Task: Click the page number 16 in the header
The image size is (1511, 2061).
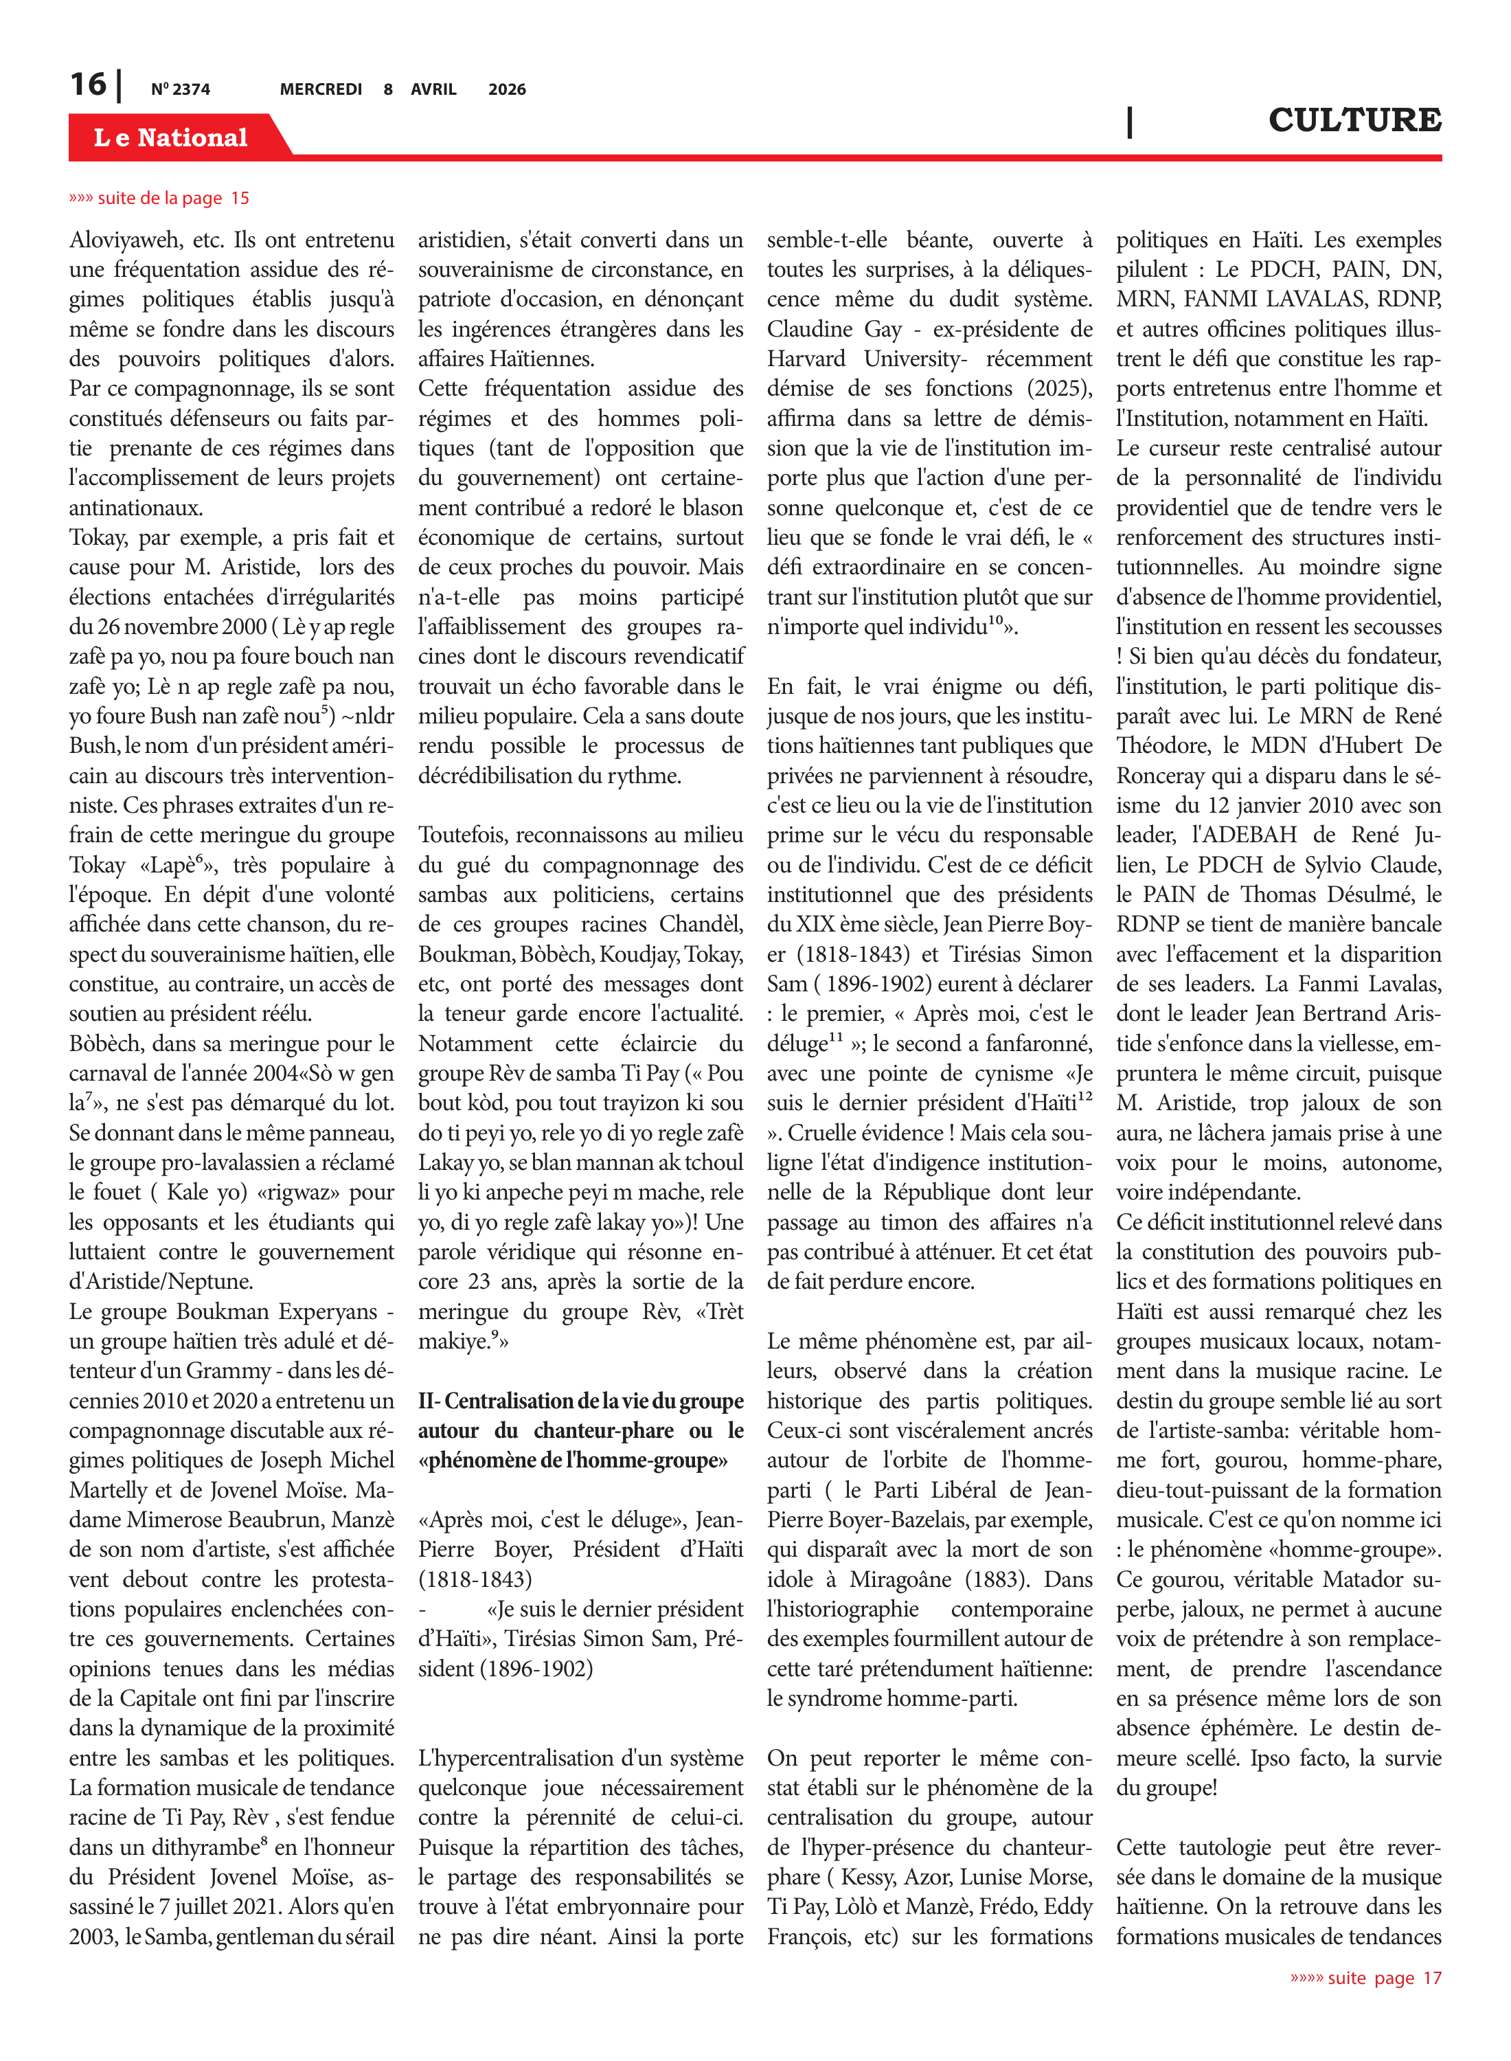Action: [88, 85]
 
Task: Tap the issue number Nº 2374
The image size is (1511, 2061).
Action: [180, 89]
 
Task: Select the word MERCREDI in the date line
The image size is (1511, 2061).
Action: [321, 89]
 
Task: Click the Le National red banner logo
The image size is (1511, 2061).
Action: [171, 137]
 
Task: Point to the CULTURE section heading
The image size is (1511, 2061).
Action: [1354, 120]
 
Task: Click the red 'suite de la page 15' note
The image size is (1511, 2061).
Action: [159, 199]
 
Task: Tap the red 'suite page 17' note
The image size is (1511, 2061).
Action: [1365, 1978]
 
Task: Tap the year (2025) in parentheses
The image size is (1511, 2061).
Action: [1058, 389]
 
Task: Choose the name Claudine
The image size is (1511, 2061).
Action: [808, 329]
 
